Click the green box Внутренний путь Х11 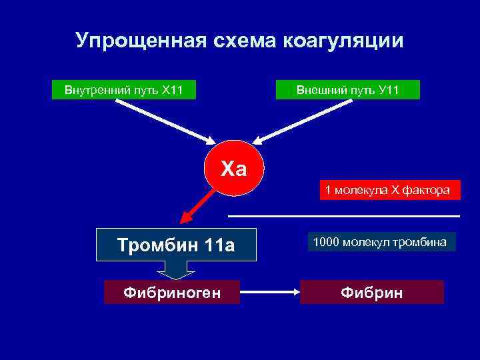(x=124, y=89)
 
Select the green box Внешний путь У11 (x=348, y=89)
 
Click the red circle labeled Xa (x=234, y=168)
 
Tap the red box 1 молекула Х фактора (x=388, y=190)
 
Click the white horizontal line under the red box (x=344, y=216)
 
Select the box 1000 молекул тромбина (x=381, y=241)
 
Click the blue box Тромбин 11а (x=176, y=245)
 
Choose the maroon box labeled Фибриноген (x=172, y=292)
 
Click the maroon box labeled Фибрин (x=371, y=292)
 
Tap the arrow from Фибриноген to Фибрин (x=269, y=292)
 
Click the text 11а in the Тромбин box (x=220, y=245)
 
